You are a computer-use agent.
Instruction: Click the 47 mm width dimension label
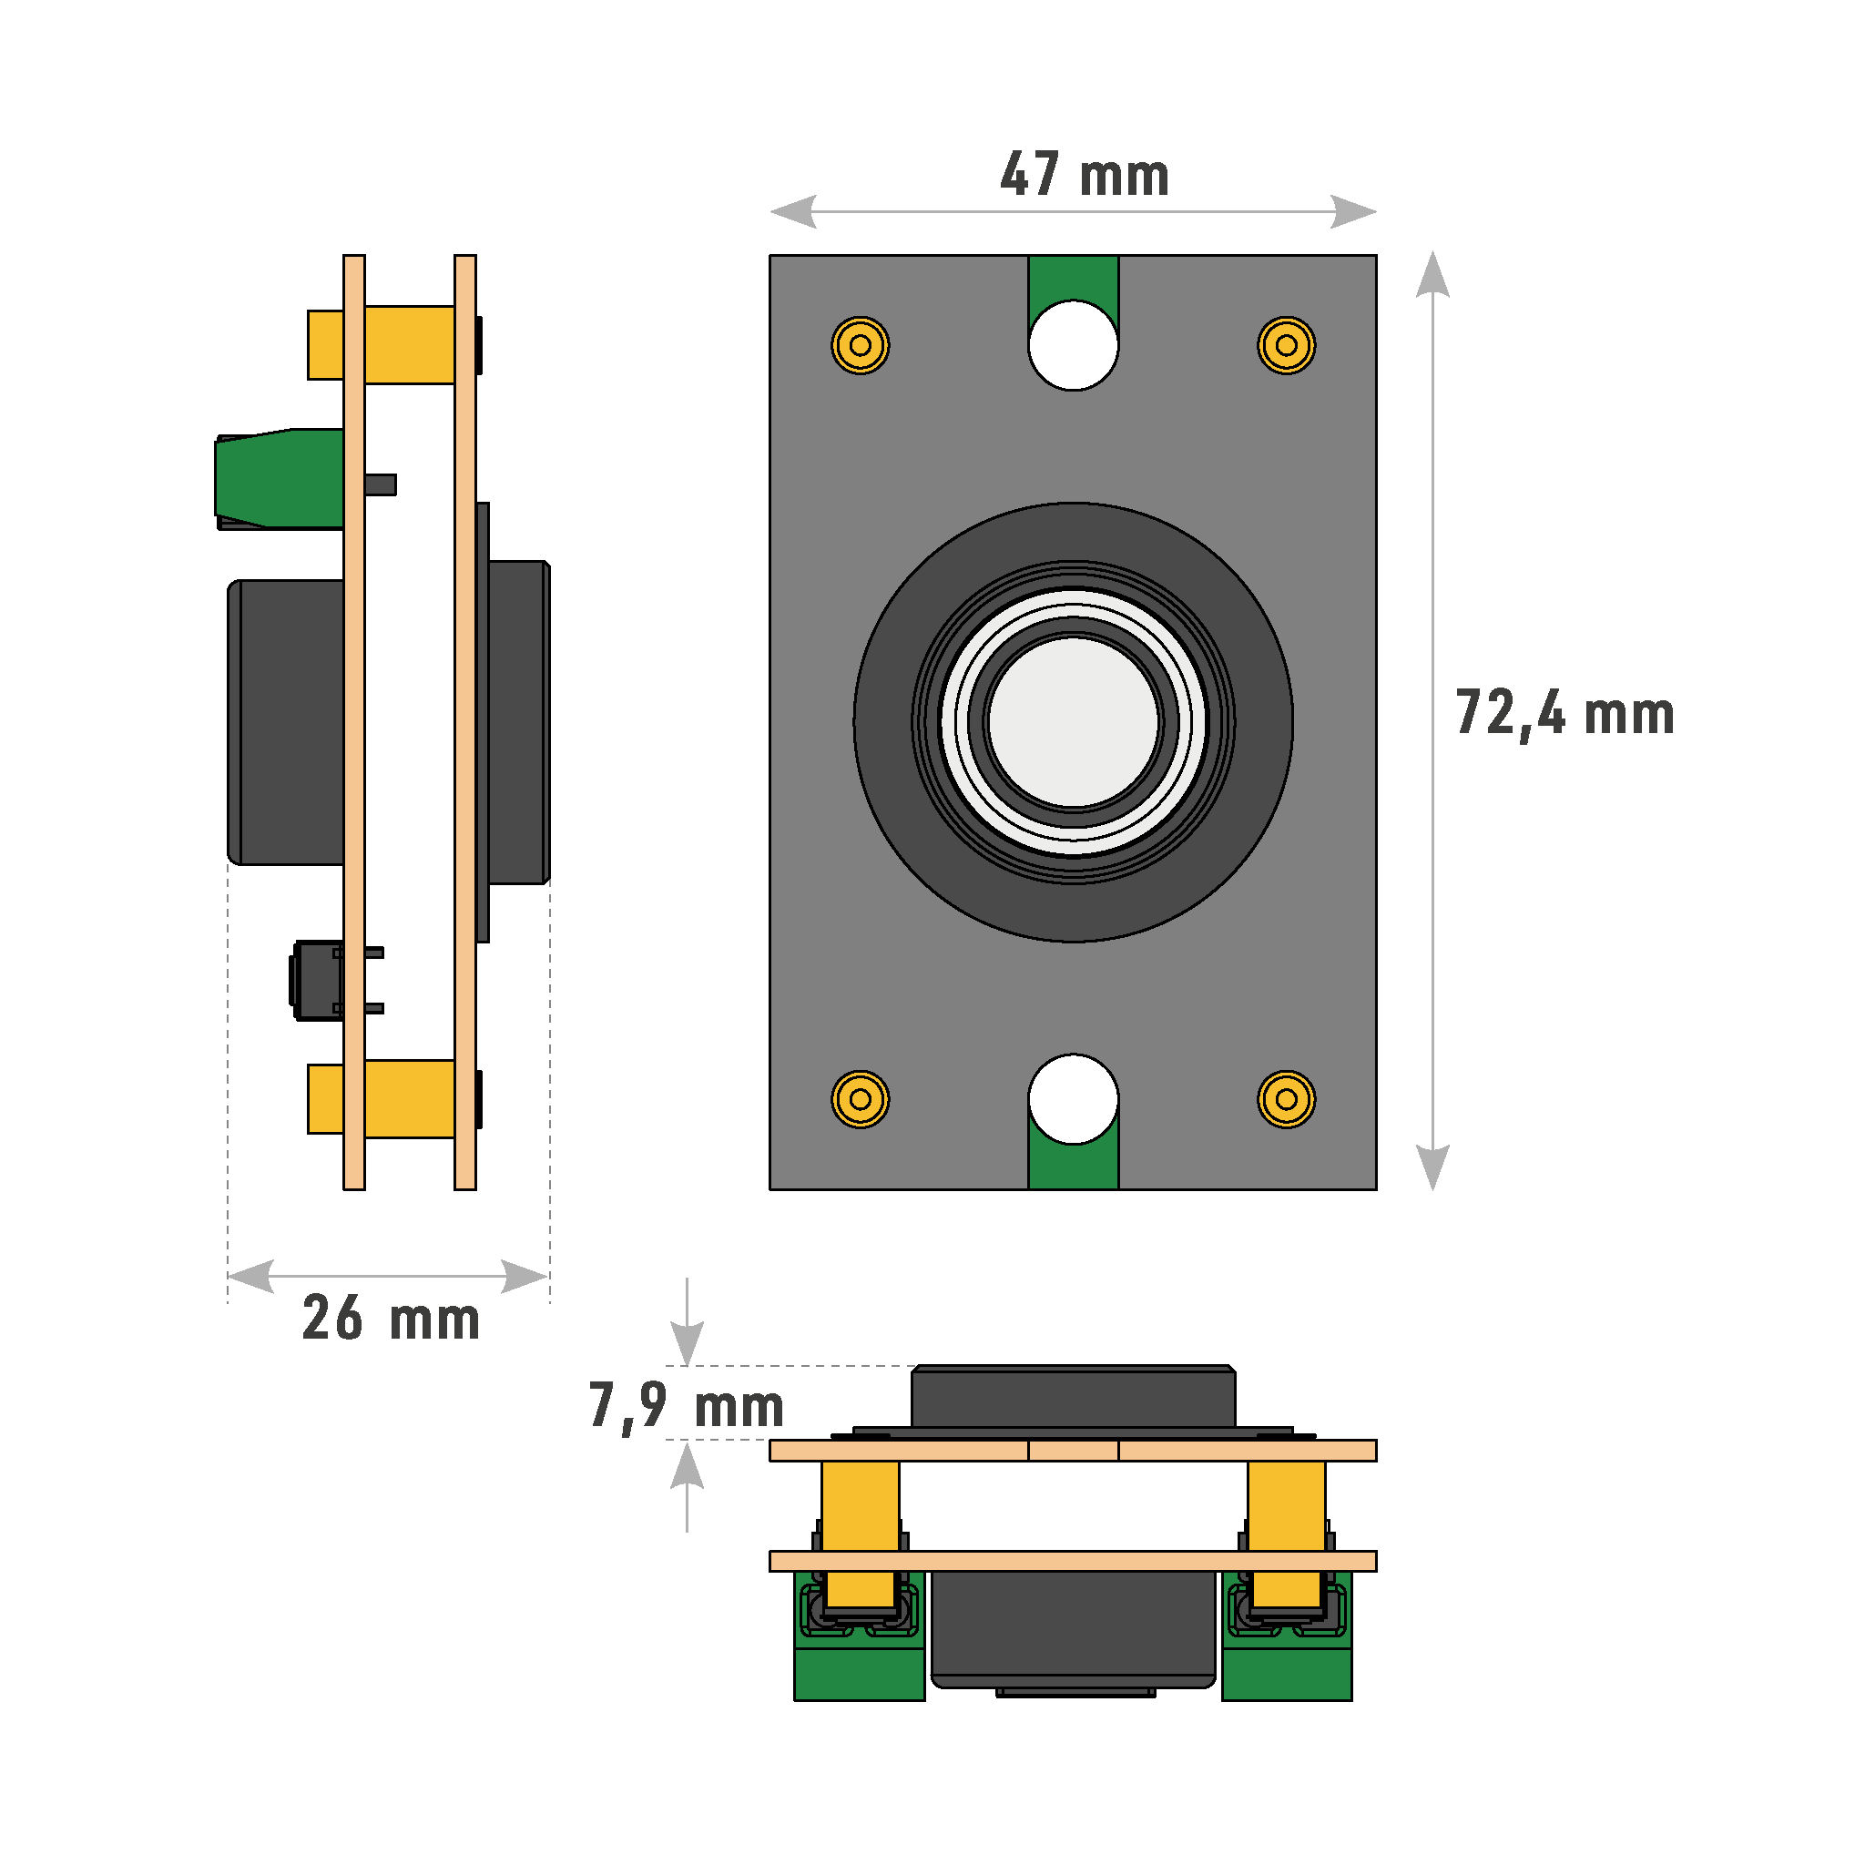[1084, 175]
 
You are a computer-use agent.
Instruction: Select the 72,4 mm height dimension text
[1564, 714]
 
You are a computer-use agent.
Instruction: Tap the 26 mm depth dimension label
[390, 1319]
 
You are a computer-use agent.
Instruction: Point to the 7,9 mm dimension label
[686, 1405]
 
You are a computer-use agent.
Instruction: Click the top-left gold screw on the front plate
[860, 344]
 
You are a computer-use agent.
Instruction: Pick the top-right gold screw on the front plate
[1286, 344]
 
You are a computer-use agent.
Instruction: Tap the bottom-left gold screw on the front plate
[860, 1098]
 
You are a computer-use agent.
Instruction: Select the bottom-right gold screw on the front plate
[1286, 1098]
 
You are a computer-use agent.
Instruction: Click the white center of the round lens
[1074, 721]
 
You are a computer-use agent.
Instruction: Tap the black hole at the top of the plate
[1074, 345]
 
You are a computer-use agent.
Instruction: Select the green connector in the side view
[280, 478]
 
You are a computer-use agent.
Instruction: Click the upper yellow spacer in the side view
[409, 344]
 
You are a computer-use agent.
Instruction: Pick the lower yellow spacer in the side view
[409, 1098]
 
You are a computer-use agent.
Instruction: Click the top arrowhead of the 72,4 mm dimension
[1432, 274]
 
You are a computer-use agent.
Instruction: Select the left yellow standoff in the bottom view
[860, 1505]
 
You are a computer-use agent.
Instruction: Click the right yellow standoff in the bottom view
[1286, 1505]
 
